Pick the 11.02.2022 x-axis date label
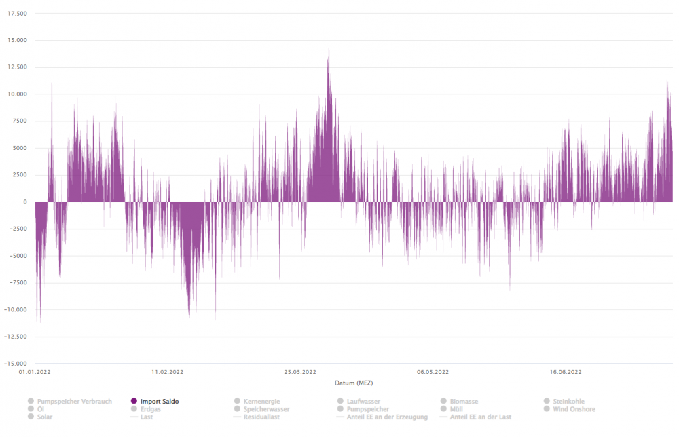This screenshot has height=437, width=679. (x=167, y=372)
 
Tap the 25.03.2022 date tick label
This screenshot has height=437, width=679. (x=299, y=372)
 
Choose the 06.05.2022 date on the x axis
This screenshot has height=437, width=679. (x=433, y=372)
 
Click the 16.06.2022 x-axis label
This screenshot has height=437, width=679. (x=565, y=372)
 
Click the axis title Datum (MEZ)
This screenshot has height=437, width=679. (x=354, y=383)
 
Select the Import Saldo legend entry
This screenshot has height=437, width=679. (x=159, y=402)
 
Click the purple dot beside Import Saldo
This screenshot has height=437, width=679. (x=134, y=402)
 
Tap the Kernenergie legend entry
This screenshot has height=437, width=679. (x=261, y=402)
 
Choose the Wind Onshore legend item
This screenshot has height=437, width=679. (x=574, y=409)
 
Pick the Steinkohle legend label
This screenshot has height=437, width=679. (x=568, y=402)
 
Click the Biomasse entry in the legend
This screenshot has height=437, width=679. (x=464, y=402)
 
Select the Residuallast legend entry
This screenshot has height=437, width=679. (x=261, y=417)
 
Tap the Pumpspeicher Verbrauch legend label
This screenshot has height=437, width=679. (x=75, y=402)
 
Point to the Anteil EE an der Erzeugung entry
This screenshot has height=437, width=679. (x=386, y=417)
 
